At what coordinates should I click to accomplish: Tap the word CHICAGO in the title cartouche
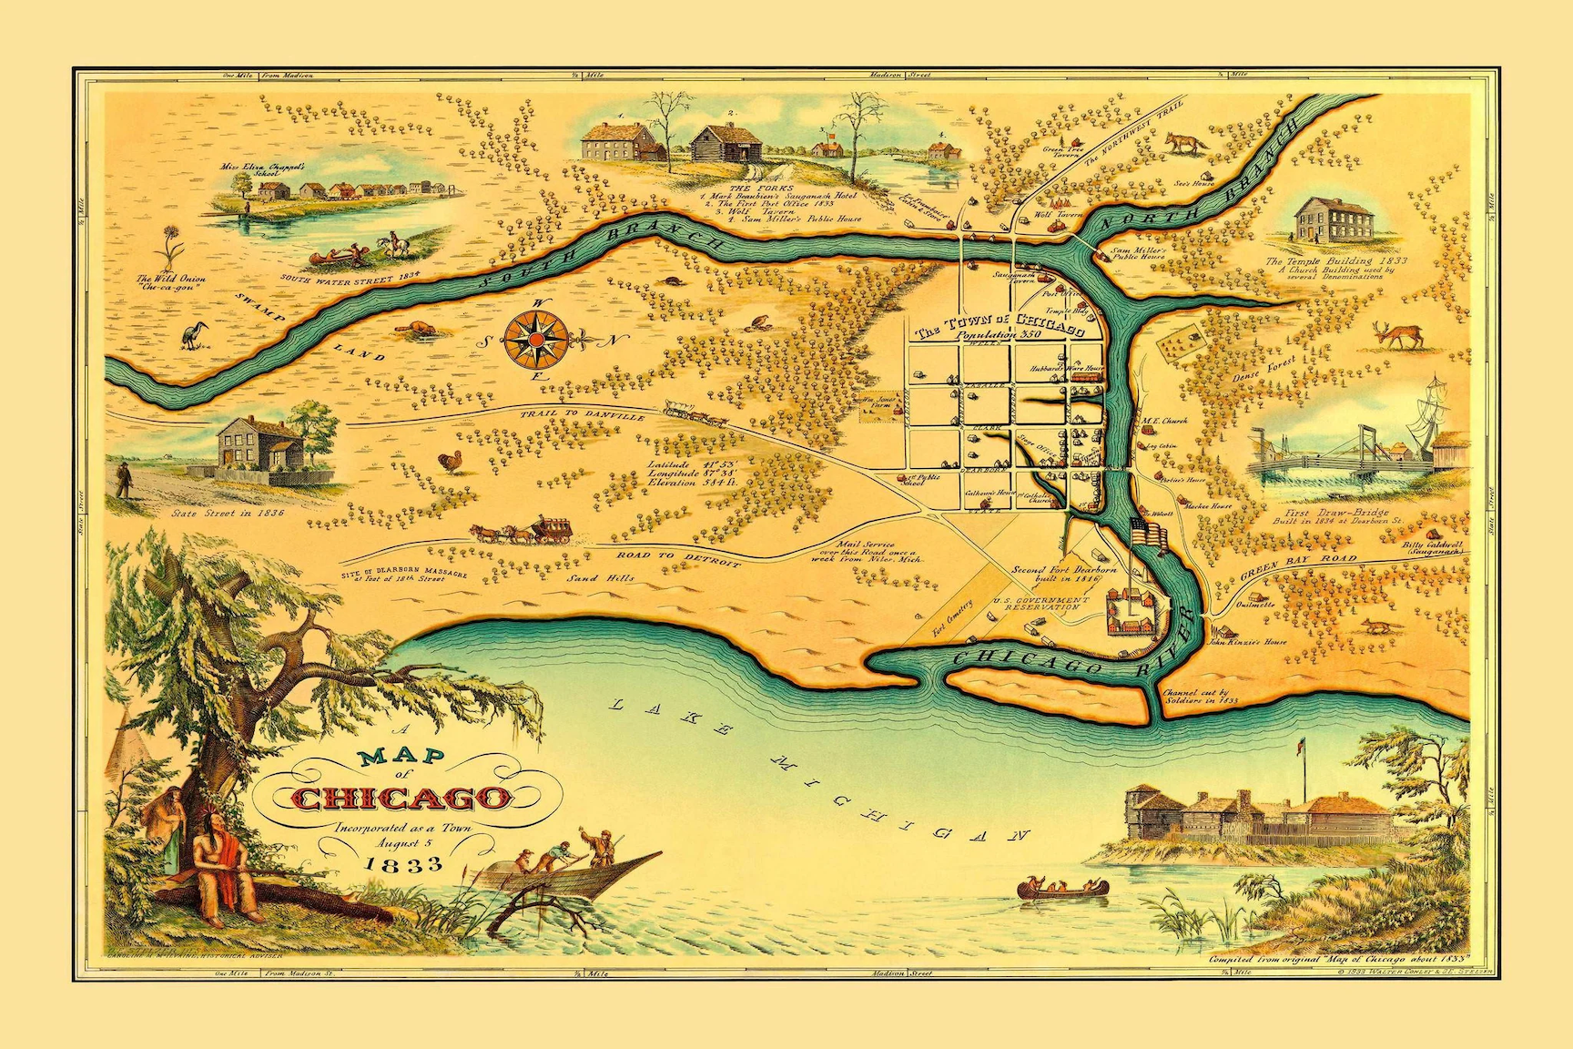coord(401,799)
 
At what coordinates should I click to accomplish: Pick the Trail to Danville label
coord(583,414)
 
